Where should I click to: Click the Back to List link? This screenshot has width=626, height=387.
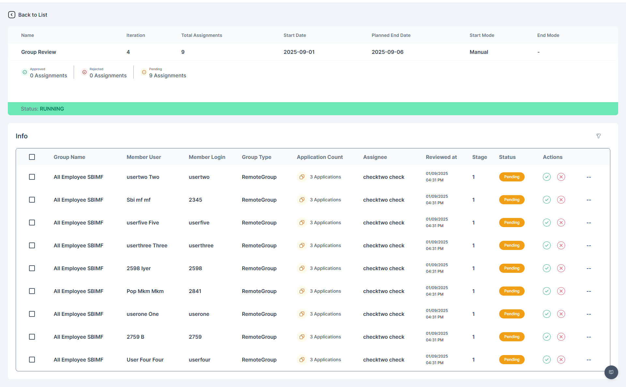28,15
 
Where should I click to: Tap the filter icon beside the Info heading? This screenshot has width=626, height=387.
599,136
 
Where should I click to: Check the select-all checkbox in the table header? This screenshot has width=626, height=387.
32,157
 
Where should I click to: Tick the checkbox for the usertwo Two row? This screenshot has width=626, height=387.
32,177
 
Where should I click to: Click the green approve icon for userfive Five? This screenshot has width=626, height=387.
547,223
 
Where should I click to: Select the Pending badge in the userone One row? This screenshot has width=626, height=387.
512,314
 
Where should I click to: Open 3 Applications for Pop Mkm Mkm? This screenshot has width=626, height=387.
325,291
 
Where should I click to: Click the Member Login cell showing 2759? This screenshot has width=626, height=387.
195,337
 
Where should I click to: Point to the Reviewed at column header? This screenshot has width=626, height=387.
441,157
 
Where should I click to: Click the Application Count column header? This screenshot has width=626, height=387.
320,157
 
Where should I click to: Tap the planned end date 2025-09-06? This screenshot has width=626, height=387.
388,52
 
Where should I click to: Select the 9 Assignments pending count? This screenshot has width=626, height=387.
168,75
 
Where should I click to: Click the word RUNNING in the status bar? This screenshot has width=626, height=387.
52,109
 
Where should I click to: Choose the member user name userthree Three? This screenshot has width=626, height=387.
147,245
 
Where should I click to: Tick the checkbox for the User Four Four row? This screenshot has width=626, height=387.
32,360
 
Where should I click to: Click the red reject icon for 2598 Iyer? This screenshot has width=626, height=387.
561,268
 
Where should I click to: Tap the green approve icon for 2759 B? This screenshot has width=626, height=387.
547,337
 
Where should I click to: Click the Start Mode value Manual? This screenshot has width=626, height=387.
479,52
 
